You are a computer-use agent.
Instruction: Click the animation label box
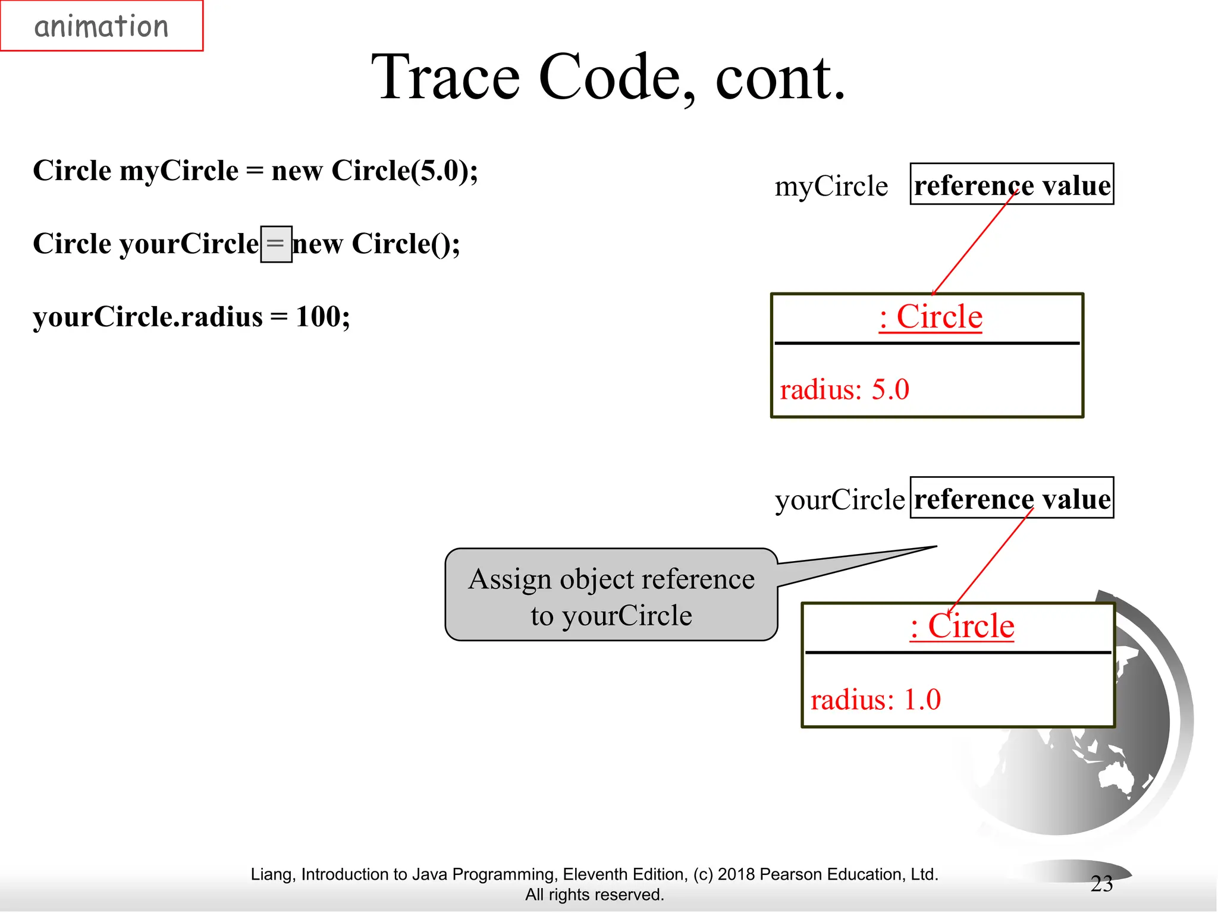[102, 26]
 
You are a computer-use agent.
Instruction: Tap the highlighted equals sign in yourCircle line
[276, 244]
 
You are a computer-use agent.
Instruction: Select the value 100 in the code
[318, 316]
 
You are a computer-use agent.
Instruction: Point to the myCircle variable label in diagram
[831, 186]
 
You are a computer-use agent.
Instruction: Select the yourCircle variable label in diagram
[839, 499]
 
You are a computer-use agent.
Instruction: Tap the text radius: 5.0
[844, 390]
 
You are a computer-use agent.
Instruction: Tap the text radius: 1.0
[875, 700]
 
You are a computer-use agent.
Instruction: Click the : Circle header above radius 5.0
[930, 317]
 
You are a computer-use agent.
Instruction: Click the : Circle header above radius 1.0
[962, 626]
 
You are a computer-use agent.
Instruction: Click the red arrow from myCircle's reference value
[974, 244]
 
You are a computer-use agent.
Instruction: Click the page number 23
[1101, 884]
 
